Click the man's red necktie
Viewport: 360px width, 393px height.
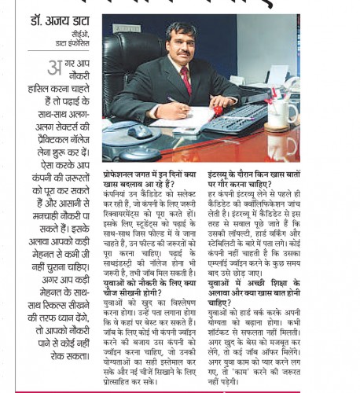tap(186, 79)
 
